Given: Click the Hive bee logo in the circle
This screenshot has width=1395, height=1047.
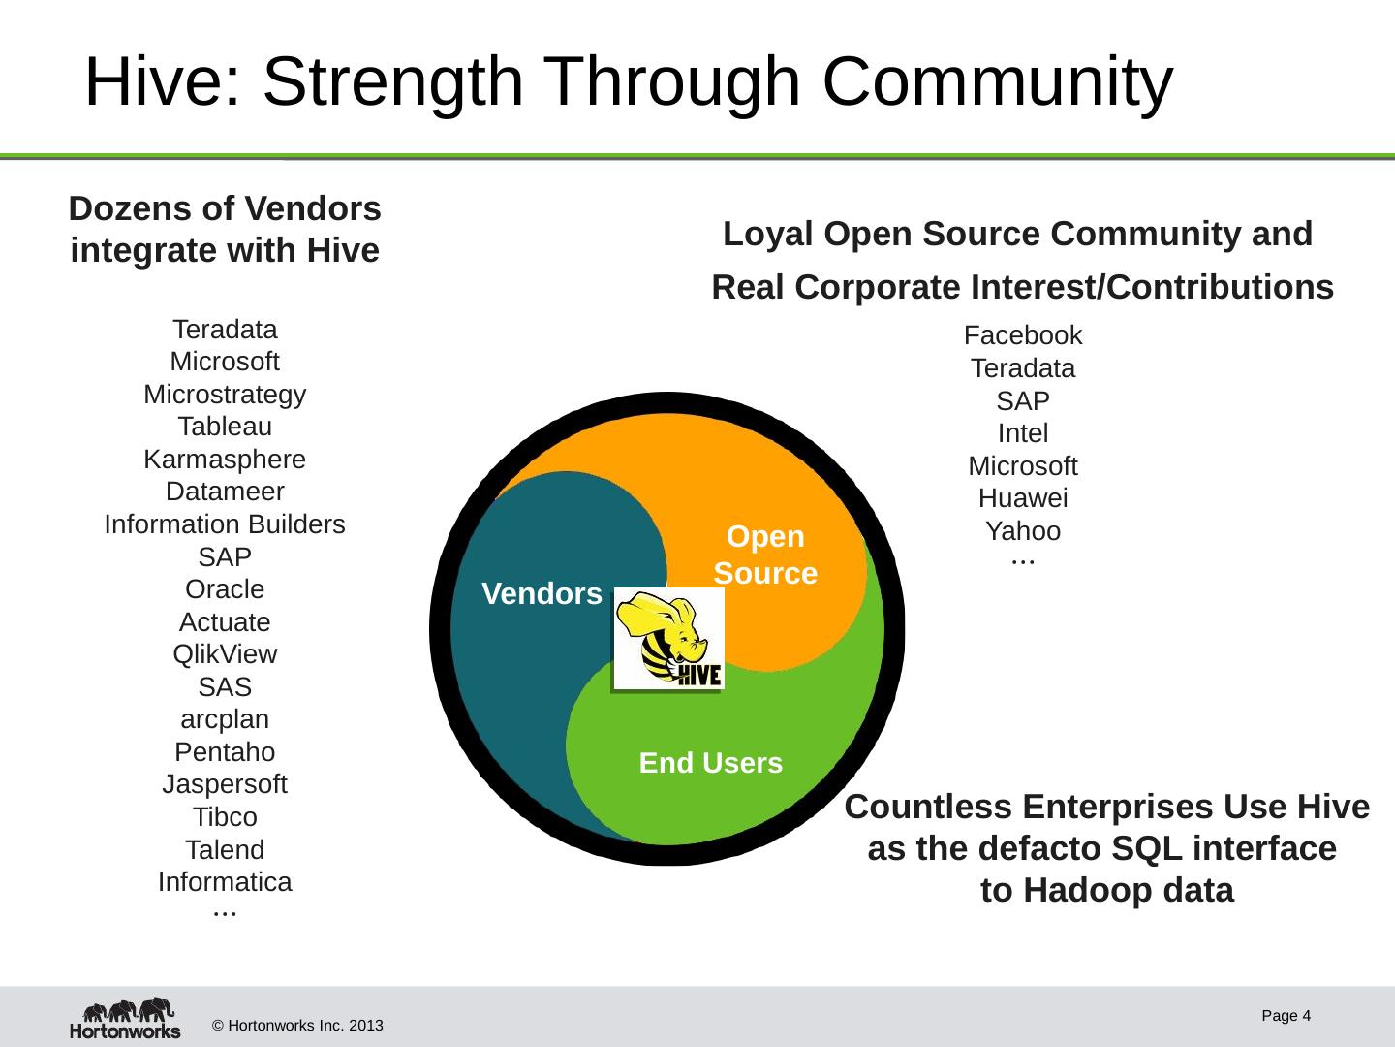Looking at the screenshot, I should [x=669, y=639].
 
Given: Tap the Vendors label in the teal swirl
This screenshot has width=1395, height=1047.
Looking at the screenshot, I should [x=542, y=594].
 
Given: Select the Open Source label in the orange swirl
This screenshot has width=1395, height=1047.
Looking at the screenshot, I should [x=765, y=555].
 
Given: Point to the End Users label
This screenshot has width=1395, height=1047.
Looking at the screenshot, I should [x=710, y=763].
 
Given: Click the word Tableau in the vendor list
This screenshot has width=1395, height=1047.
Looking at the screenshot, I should [x=225, y=427].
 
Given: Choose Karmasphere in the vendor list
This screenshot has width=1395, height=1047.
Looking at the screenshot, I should [x=225, y=460].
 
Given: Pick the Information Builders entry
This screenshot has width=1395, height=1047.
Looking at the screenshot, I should [x=225, y=524].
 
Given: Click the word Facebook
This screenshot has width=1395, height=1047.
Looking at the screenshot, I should [x=1023, y=335].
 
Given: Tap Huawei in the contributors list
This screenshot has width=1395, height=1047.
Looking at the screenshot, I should [x=1023, y=498].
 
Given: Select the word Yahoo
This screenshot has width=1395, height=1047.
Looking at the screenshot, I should [x=1023, y=531].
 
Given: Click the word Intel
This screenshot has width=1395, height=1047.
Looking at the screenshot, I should [x=1023, y=433].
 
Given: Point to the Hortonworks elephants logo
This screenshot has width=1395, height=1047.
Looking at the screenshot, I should [x=125, y=1018].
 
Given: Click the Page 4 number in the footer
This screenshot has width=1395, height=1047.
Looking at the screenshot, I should [x=1286, y=1016].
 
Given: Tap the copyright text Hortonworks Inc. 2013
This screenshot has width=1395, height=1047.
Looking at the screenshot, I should [x=297, y=1026].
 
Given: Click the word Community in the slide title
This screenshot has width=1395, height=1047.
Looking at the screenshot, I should [x=998, y=81].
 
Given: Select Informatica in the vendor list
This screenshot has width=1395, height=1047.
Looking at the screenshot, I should [x=225, y=882].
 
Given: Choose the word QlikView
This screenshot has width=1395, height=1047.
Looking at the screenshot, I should [x=225, y=654].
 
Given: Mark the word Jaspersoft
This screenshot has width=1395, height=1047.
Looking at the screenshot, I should [x=225, y=784].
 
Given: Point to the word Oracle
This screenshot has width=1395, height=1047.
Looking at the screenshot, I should [x=225, y=589].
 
